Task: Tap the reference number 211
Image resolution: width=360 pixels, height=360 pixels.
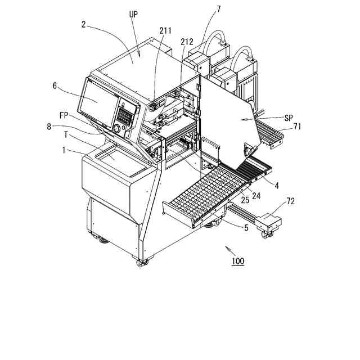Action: point(165,30)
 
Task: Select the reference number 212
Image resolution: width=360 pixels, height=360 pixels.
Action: point(187,42)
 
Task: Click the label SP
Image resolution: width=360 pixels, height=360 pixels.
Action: point(288,118)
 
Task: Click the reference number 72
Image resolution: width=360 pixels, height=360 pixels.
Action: point(290,201)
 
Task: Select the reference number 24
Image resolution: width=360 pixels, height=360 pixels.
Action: point(256,196)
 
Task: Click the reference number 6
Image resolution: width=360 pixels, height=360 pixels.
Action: point(55,85)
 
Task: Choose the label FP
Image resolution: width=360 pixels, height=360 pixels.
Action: point(64,115)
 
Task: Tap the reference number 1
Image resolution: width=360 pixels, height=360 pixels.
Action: point(64,150)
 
